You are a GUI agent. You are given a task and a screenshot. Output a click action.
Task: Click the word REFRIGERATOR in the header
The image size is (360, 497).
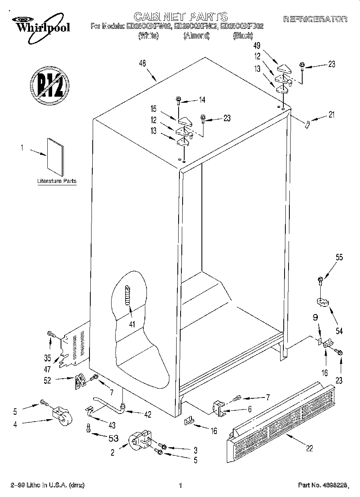pyautogui.click(x=315, y=19)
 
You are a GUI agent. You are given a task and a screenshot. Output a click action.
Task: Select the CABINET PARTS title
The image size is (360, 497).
pyautogui.click(x=180, y=16)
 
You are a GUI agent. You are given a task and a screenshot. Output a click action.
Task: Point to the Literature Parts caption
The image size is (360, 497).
pyautogui.click(x=57, y=181)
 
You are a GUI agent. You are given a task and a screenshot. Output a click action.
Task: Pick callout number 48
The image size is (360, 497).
pyautogui.click(x=142, y=63)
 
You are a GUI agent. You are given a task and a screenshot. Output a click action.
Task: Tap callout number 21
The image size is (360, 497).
pyautogui.click(x=331, y=115)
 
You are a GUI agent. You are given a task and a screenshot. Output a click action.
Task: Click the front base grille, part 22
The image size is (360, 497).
pyautogui.click(x=281, y=417)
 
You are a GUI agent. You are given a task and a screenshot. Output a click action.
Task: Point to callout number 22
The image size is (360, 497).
pyautogui.click(x=309, y=448)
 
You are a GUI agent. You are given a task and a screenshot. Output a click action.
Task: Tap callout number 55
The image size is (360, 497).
pyautogui.click(x=339, y=258)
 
